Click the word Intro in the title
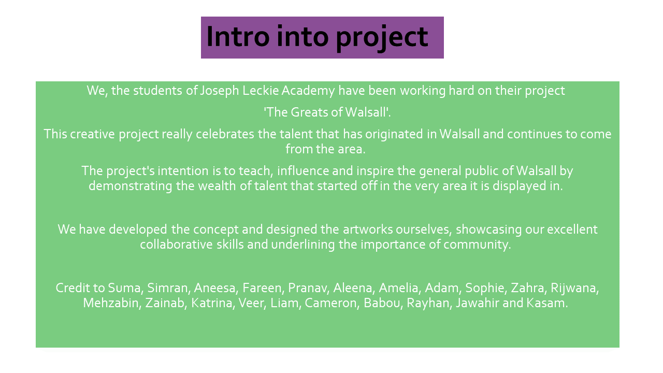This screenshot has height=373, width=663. pos(238,36)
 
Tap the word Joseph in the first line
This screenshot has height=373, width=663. pos(220,91)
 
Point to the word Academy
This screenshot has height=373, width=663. pos(308,91)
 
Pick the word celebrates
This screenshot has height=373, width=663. pos(225,134)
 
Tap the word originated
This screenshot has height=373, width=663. pos(394,134)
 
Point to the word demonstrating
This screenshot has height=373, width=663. pos(130,187)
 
